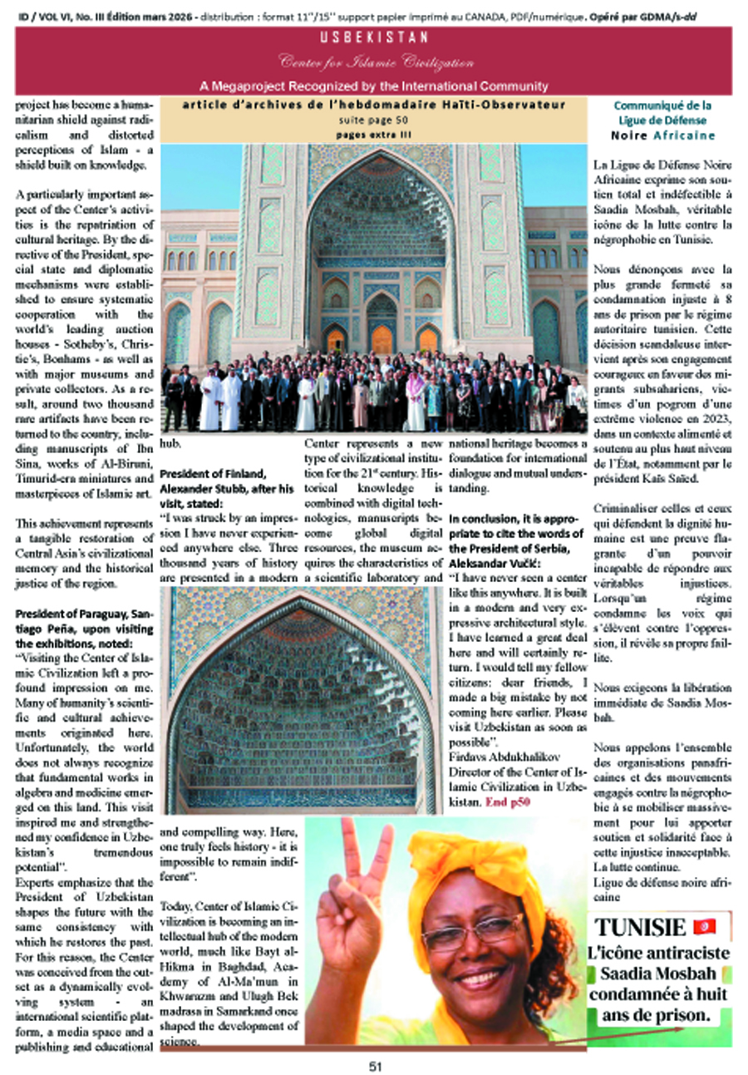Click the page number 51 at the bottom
(374, 1067)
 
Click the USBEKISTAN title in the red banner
(374, 38)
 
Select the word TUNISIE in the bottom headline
(642, 927)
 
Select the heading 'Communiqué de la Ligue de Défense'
(662, 112)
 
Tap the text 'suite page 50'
(373, 120)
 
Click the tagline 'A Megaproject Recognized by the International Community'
(373, 86)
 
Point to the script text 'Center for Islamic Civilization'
(373, 63)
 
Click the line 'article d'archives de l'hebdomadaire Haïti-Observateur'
(373, 105)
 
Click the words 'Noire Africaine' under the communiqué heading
(662, 135)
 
